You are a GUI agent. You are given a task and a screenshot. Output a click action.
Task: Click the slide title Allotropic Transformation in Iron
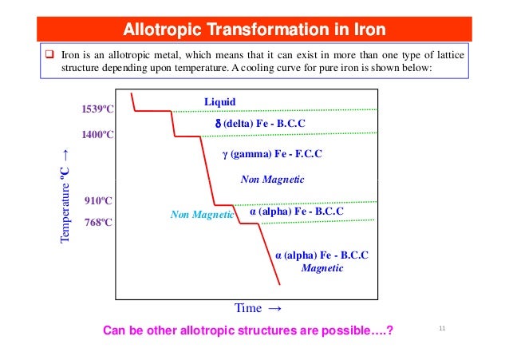coord(254,30)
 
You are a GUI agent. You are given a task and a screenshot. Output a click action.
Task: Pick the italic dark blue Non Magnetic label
coord(272,180)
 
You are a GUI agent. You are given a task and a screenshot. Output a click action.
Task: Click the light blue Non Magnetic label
coord(201,215)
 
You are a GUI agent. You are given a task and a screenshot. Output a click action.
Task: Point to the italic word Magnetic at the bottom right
coord(322,268)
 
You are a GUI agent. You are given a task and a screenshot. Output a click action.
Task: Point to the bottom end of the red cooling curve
coord(279,284)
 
